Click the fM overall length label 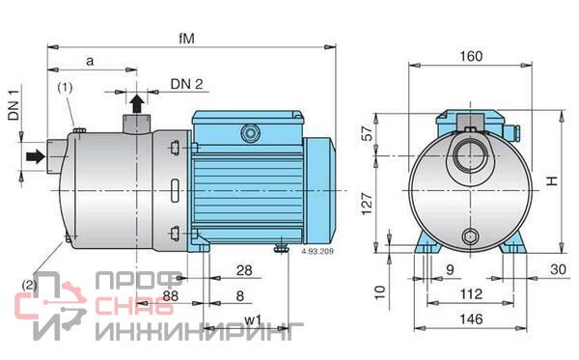click(186, 39)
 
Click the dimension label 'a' click(90, 62)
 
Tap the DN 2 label click(187, 84)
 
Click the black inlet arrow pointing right click(36, 156)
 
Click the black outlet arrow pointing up click(137, 104)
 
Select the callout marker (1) click(65, 88)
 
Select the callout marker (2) click(29, 285)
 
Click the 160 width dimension click(471, 56)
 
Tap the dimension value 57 click(367, 133)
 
